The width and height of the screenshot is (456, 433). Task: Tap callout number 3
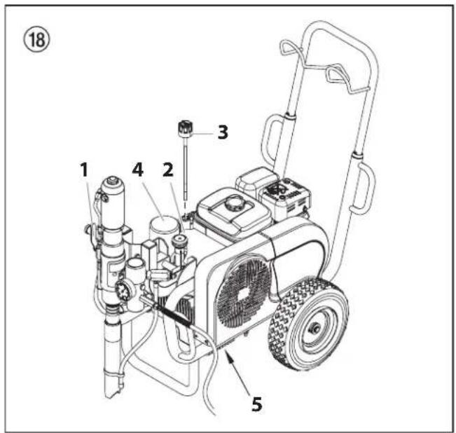[222, 132]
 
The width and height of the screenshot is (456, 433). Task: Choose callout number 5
[258, 404]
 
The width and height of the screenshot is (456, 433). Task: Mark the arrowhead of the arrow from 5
[226, 354]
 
